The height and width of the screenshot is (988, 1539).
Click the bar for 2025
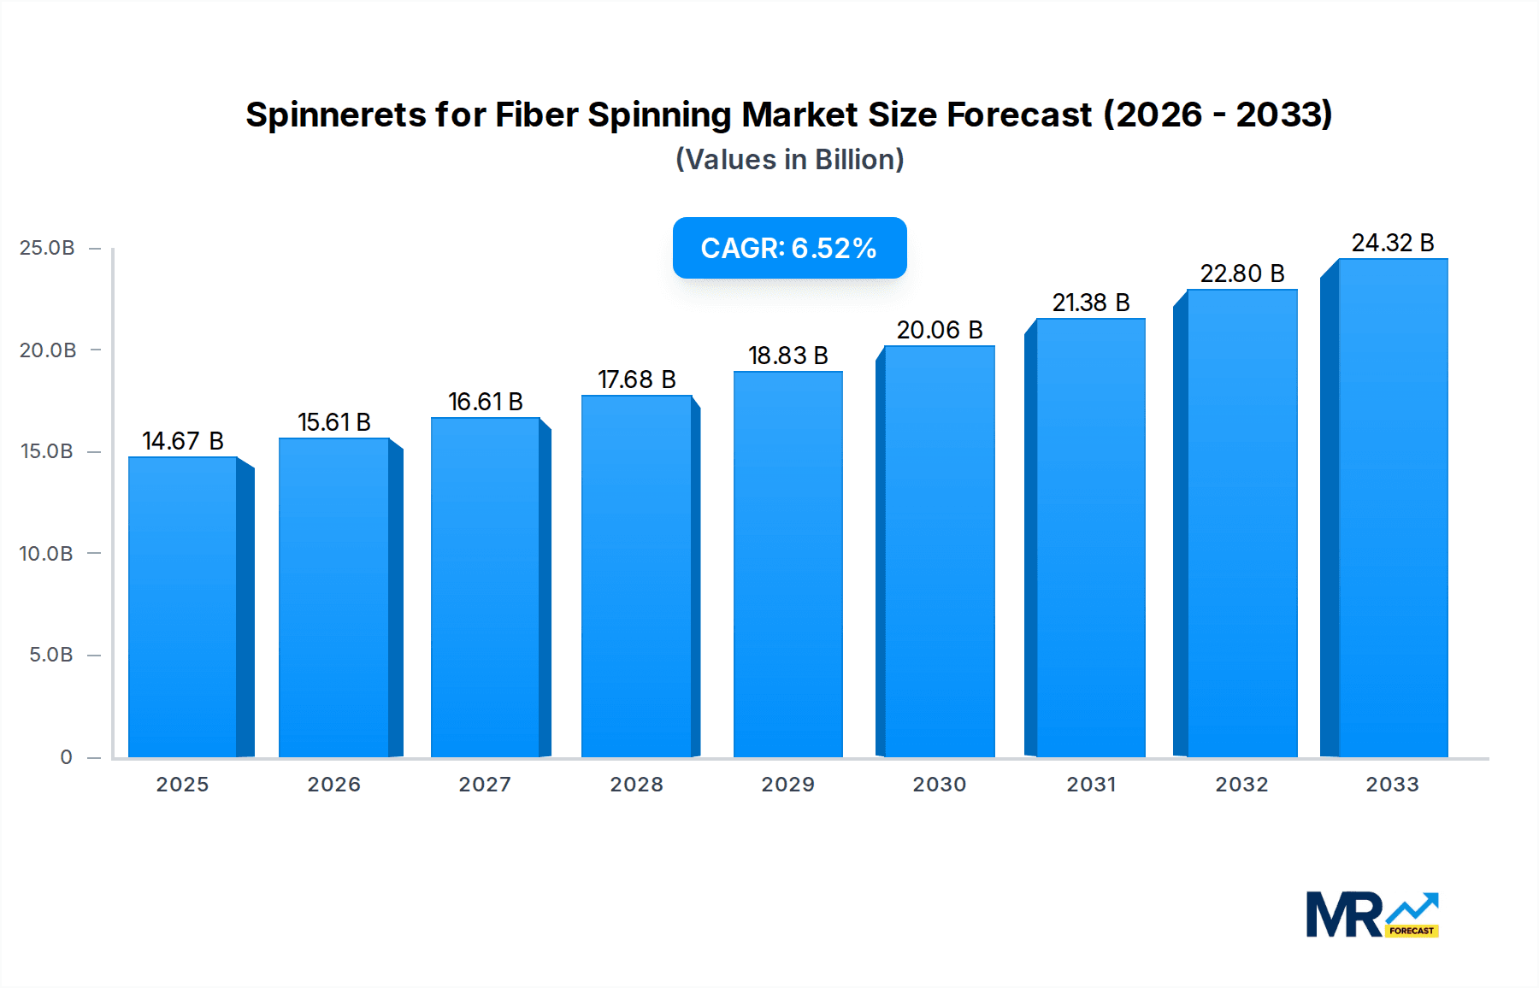click(183, 607)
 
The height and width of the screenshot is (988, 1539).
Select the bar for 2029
click(787, 564)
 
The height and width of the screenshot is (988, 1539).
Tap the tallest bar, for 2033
click(1392, 508)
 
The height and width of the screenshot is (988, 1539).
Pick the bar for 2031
click(1090, 538)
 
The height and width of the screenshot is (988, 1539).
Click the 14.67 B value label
click(183, 441)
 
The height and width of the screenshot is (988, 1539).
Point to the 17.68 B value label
click(636, 379)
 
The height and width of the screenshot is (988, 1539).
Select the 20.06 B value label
click(939, 330)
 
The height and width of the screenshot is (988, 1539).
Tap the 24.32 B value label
click(1392, 243)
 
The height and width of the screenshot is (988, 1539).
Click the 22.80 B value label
click(1241, 273)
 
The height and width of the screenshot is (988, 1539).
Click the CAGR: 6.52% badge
click(789, 248)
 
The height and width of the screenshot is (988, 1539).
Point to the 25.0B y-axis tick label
click(47, 248)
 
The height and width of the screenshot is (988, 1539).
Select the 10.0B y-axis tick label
click(46, 554)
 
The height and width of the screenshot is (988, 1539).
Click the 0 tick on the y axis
click(66, 757)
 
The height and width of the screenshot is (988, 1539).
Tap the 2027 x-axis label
click(485, 785)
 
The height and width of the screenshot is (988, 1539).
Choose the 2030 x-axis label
click(939, 785)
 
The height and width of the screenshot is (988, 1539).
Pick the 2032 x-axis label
click(1241, 785)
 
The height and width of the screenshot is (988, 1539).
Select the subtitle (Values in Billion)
click(789, 160)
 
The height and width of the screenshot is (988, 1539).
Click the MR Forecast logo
click(1371, 914)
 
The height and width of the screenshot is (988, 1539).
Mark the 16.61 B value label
click(485, 402)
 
